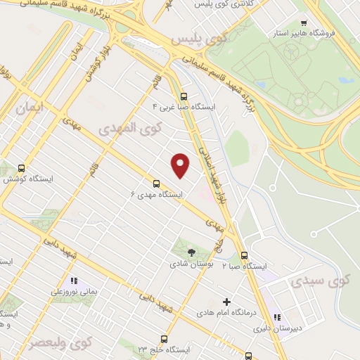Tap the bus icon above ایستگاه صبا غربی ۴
tap(184, 96)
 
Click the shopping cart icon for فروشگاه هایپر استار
tap(303, 22)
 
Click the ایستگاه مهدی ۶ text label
tap(157, 194)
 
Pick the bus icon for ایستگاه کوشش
tap(21, 168)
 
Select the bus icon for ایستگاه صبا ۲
tap(244, 255)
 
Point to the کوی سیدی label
tap(309, 281)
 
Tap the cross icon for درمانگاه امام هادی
tap(226, 301)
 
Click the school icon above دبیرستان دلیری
tap(277, 318)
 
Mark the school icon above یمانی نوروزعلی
tap(75, 280)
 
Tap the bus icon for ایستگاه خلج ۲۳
tap(164, 339)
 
